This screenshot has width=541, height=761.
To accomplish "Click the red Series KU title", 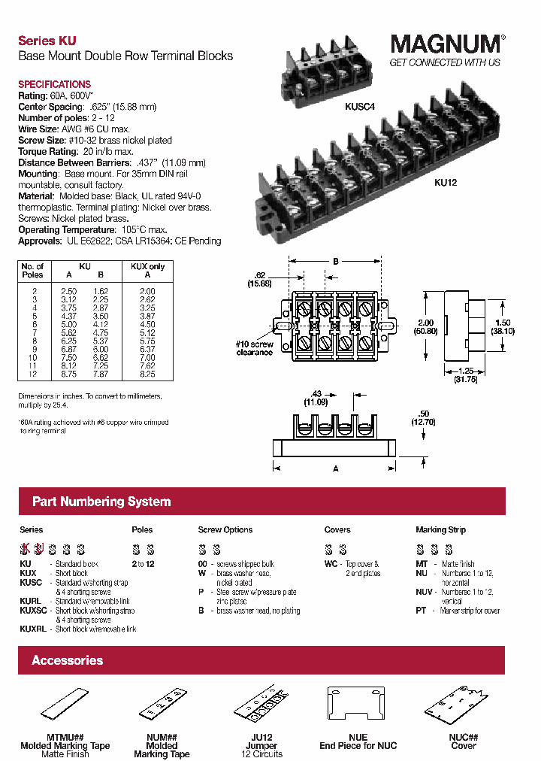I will [x=47, y=41].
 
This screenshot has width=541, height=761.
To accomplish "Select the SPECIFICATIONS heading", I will [x=54, y=84].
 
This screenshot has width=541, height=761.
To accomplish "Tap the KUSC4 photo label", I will [x=360, y=108].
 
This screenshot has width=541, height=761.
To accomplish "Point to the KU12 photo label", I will [x=446, y=181].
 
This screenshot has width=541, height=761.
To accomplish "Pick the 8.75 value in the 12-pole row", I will [x=68, y=373].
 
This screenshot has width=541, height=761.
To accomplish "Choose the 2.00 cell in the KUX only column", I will [x=147, y=290].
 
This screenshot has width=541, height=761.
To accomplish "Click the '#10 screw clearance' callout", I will [x=254, y=348].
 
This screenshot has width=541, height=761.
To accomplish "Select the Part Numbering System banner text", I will [x=101, y=502].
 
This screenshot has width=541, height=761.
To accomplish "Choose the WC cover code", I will [x=331, y=563].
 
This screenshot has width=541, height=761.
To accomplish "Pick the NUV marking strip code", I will [x=425, y=592].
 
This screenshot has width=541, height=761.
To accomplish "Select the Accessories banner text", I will [x=67, y=660].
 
